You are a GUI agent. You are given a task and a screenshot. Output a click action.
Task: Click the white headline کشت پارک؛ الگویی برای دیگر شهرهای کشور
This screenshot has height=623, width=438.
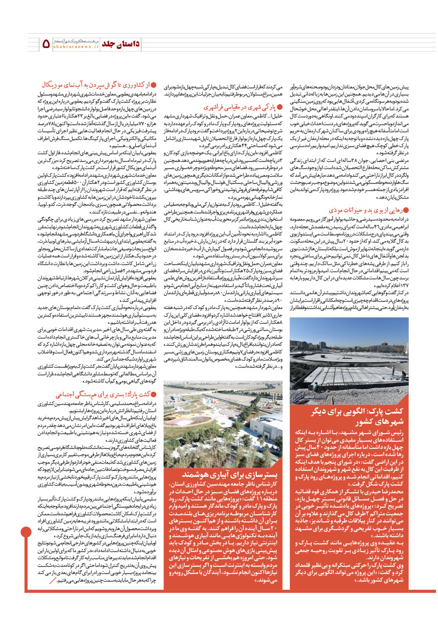pyautogui.click(x=362, y=432)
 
